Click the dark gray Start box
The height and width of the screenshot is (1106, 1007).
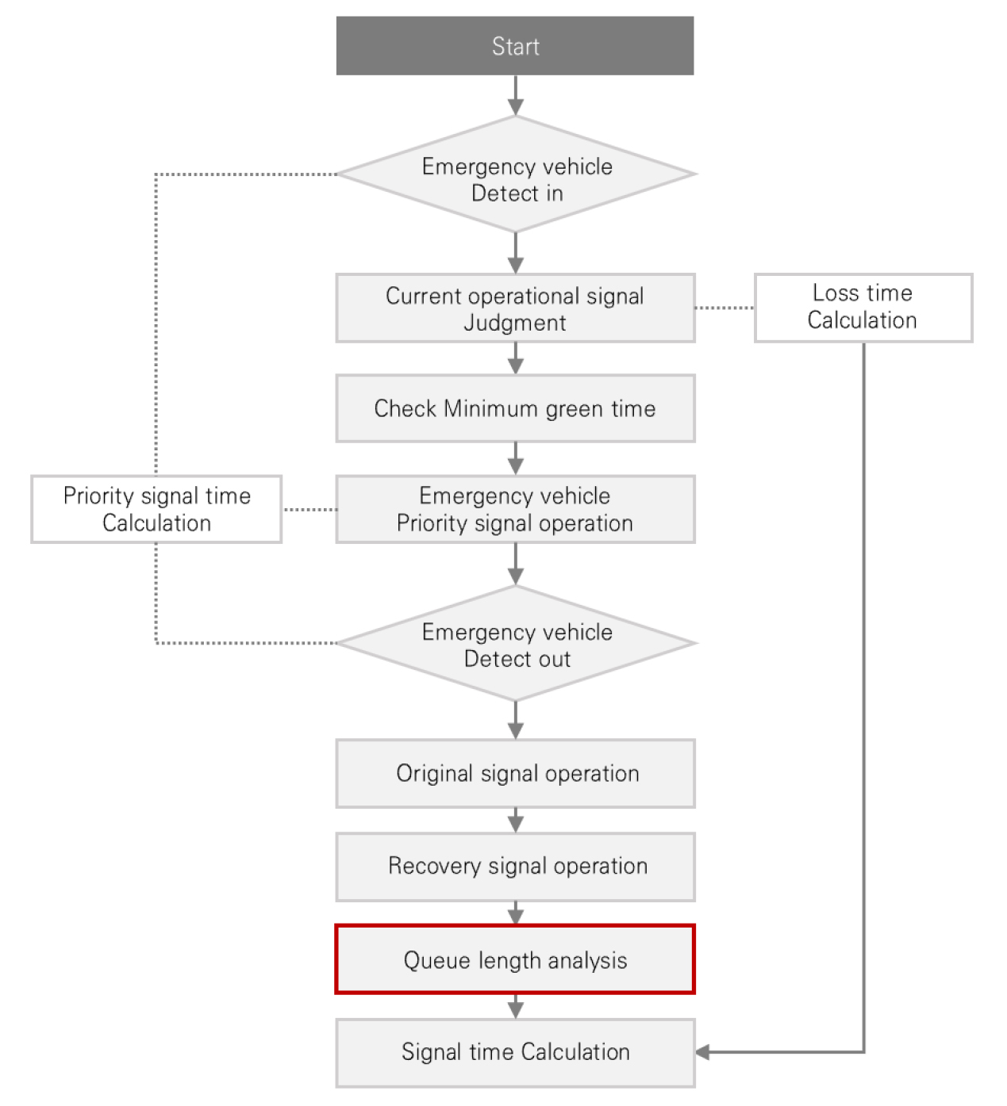coord(514,46)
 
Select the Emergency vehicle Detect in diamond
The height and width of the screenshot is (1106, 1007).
coord(516,174)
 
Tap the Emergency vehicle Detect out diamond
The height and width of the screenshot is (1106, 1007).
coord(516,643)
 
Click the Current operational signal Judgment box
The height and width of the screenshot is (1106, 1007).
coord(515,308)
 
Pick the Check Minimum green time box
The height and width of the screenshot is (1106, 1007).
coord(515,408)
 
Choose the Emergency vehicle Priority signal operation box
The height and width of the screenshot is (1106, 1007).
coord(515,509)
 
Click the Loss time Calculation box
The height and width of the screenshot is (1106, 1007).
coord(863,308)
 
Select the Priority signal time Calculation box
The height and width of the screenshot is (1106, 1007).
coord(157,509)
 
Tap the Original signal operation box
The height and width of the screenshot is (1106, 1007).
coord(515,774)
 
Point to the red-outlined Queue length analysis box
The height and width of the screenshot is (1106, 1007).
coord(515,960)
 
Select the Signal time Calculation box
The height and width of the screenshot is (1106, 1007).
coord(515,1053)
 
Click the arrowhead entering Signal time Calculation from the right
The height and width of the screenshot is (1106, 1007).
coord(702,1052)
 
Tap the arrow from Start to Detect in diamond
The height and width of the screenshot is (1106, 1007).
coord(516,95)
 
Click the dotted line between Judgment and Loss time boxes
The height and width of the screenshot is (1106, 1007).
coord(725,308)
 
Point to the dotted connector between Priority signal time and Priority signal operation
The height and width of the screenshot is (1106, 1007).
coord(309,510)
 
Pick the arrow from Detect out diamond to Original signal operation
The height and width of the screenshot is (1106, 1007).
coord(516,721)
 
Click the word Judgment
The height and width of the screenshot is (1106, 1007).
coord(515,323)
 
